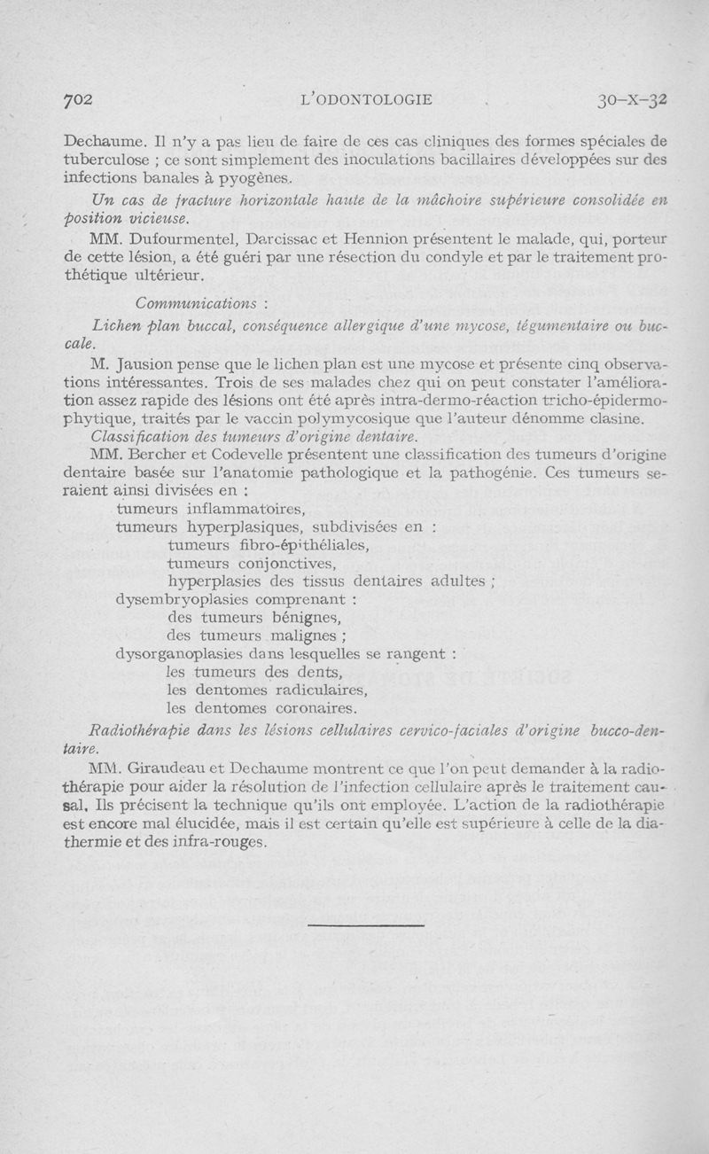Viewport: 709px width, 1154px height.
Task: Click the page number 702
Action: click(78, 99)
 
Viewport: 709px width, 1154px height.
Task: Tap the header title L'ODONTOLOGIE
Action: click(367, 100)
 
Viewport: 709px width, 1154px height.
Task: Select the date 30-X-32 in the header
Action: click(632, 99)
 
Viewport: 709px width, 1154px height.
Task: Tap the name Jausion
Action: click(147, 363)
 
